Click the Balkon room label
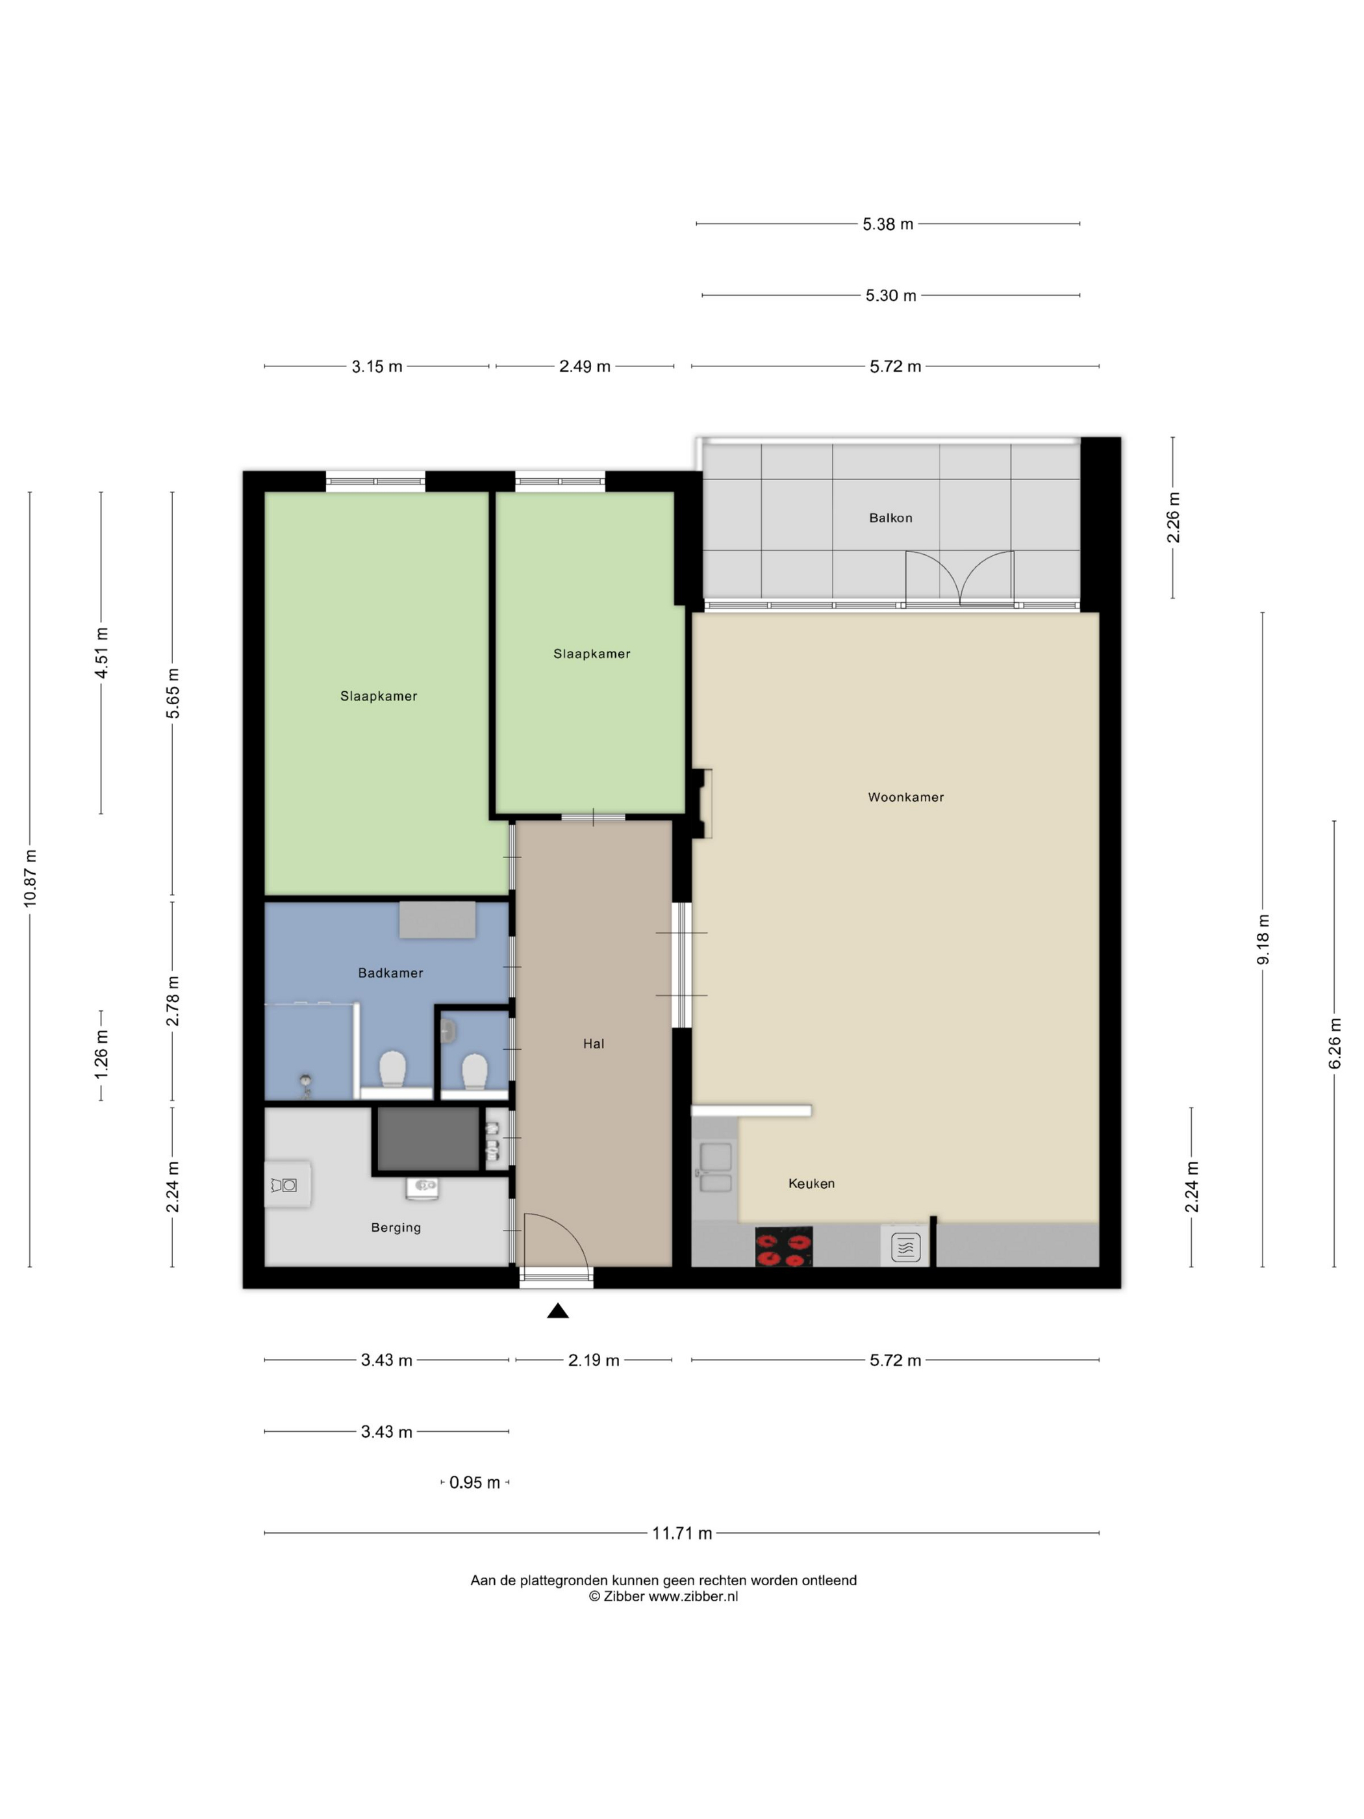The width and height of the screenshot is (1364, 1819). coord(890,518)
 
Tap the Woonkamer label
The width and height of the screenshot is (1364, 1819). coord(906,797)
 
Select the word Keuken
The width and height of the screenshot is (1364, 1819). coord(811,1184)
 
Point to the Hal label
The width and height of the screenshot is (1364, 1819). coord(594,1043)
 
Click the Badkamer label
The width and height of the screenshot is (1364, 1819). coord(390,973)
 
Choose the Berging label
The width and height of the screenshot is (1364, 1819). coord(396,1228)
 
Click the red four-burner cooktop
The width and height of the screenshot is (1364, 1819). coord(783,1247)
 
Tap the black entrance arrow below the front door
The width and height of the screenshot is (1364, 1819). coord(558,1311)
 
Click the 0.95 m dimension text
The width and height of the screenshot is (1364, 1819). coord(474,1482)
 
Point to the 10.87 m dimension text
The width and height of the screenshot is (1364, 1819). coord(31,878)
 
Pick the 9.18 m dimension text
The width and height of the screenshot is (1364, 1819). coord(1263,940)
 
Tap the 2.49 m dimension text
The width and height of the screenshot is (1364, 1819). coord(585,367)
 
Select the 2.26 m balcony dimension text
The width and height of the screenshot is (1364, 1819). coord(1173,517)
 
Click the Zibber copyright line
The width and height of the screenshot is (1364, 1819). coord(663,1596)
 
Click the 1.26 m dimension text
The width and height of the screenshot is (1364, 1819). coord(101,1055)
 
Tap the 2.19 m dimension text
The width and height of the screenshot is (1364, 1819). coord(594,1361)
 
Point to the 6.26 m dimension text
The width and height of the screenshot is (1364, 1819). coord(1334,1043)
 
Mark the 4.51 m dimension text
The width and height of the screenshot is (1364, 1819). coord(101,653)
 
